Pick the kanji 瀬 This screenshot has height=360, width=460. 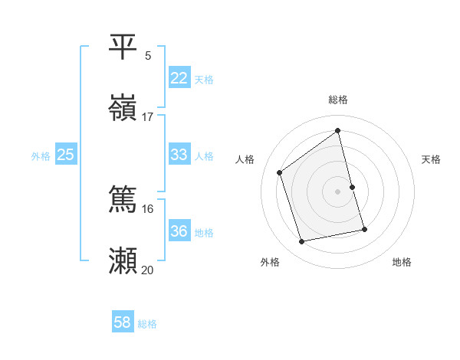pos(123,260)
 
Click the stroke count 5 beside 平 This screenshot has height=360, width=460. pos(148,55)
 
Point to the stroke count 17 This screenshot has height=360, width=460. pos(148,116)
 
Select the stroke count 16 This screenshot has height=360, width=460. pos(148,208)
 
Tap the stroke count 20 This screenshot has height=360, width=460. pos(148,270)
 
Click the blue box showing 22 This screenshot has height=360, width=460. pos(179,78)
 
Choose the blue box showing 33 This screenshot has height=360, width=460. pos(179,155)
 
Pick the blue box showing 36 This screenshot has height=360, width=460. pos(179,231)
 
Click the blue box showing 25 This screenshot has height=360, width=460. pos(65,155)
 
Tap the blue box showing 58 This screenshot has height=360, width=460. pos(122,322)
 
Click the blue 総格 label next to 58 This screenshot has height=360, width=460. pos(147,324)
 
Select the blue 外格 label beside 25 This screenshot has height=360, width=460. pos(41,156)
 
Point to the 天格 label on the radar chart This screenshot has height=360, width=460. pos(432,159)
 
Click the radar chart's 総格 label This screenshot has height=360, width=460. pos(338,100)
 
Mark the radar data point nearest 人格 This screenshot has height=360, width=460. pos(280,173)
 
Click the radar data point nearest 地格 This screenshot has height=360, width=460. pos(364,229)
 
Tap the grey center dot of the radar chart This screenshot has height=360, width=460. pos(338,191)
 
